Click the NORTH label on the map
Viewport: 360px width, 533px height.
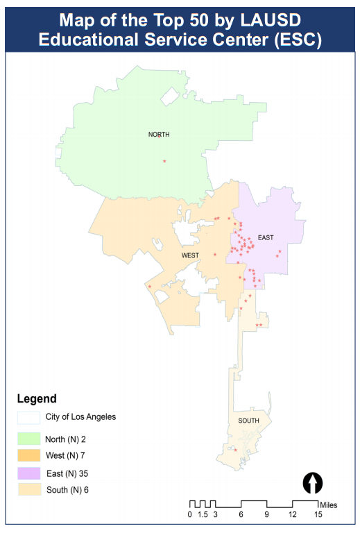coord(159,135)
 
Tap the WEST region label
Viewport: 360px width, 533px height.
coord(190,255)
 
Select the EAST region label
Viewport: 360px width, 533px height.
coord(266,237)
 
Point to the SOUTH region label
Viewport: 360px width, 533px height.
coord(249,421)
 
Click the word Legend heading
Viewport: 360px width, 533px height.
coord(37,399)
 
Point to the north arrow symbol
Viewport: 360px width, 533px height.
coord(314,482)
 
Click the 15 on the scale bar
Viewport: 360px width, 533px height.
coord(318,514)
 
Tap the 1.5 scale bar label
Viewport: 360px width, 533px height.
coord(202,514)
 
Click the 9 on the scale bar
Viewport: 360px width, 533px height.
coord(266,514)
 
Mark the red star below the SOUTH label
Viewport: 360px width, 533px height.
coord(235,450)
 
